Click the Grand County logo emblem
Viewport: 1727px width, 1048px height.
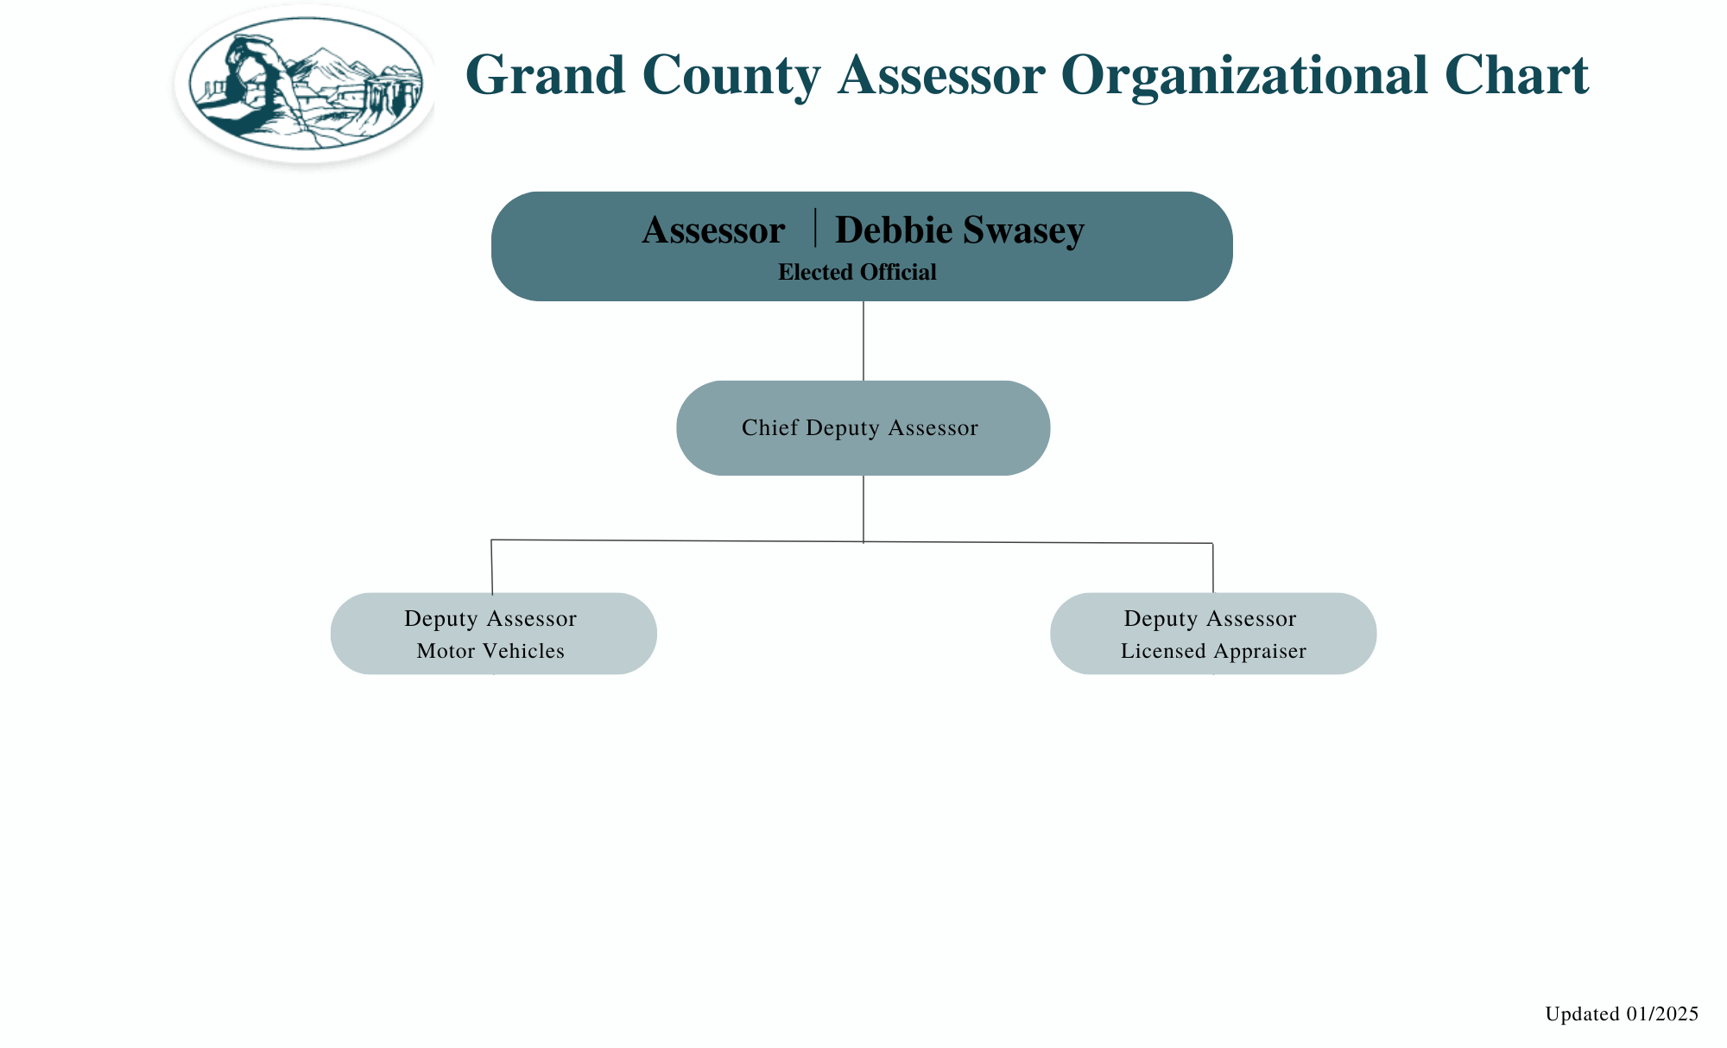click(306, 83)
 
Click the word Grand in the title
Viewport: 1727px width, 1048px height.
click(545, 75)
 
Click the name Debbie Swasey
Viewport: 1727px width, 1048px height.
click(959, 230)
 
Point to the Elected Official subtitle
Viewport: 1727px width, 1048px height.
click(857, 273)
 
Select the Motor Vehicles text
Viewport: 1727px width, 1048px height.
click(490, 651)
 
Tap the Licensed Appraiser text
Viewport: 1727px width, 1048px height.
click(1213, 651)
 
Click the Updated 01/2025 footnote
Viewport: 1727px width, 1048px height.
click(1621, 1013)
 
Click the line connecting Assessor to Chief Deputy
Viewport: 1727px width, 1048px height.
click(863, 341)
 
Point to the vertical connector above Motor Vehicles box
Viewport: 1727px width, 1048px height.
click(491, 567)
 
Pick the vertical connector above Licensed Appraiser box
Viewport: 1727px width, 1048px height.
click(1213, 568)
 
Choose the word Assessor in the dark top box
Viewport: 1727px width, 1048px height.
click(713, 230)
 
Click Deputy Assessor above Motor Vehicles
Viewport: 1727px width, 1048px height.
click(490, 618)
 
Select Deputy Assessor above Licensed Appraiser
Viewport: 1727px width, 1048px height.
click(1210, 618)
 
